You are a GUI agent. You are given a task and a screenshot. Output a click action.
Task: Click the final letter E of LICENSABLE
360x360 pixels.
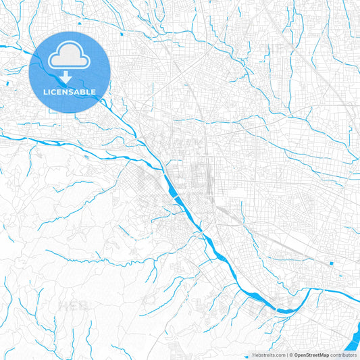[x=93, y=91]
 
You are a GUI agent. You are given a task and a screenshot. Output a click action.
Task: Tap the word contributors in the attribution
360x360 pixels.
[x=344, y=355]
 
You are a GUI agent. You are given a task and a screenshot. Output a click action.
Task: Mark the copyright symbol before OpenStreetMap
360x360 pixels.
[x=290, y=355]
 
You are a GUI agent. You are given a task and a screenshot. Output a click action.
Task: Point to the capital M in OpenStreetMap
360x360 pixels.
[x=322, y=355]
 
